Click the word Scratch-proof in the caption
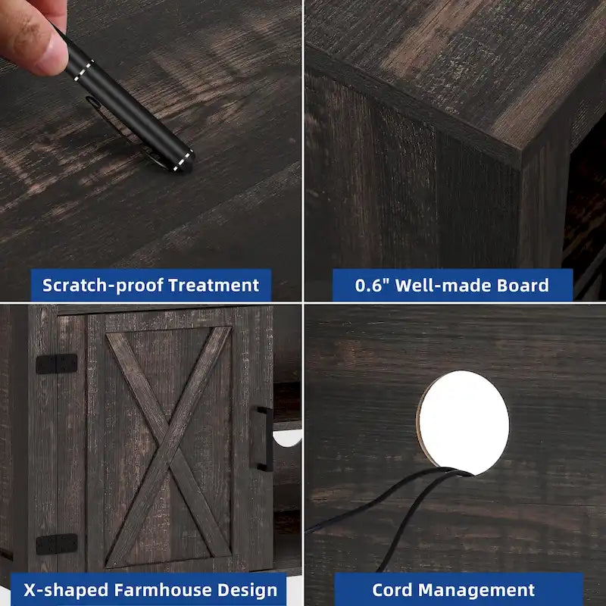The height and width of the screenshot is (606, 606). point(102,286)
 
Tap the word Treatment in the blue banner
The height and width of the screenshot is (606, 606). point(214,286)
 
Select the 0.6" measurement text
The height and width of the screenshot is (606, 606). point(373,286)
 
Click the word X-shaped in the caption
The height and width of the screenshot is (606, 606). point(67,591)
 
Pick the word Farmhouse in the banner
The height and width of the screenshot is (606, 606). point(163,590)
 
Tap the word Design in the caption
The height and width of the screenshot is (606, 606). point(248,591)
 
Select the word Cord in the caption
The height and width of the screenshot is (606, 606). point(392,590)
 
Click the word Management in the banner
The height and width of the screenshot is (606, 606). point(476,591)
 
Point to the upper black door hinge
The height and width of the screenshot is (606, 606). point(57,364)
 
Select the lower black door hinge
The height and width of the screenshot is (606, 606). point(57,544)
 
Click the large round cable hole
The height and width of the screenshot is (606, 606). point(463,423)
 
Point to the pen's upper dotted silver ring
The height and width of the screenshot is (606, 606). point(83,70)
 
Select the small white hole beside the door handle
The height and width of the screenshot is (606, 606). point(288,439)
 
